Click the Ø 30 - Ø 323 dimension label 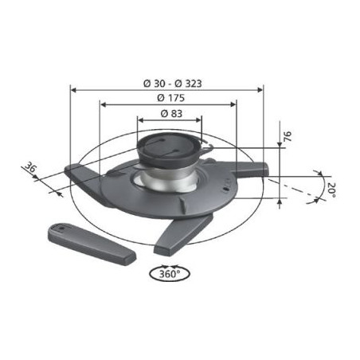173,84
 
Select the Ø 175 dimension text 170,98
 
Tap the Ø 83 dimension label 171,114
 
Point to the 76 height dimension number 288,136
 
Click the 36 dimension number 30,167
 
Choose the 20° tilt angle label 331,190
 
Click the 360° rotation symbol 170,273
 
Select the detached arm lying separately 92,244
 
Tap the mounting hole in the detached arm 61,228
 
